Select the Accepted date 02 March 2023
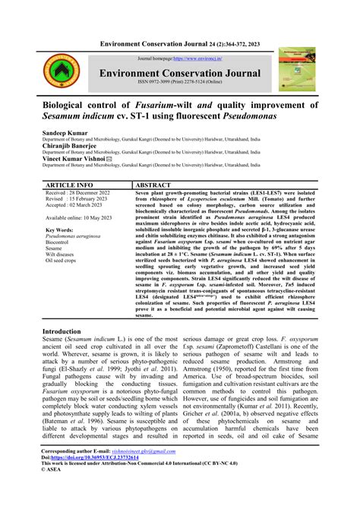[77, 205]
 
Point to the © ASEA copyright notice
[55, 492]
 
